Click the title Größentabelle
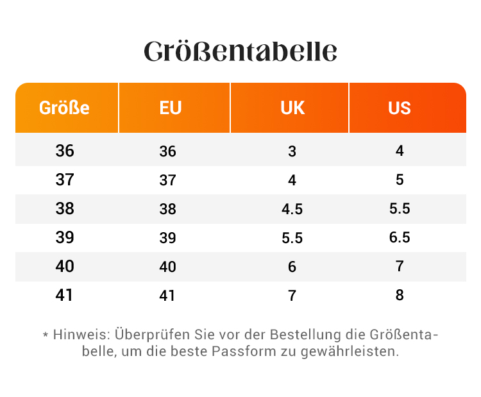click(240, 52)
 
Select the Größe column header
click(64, 108)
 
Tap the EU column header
click(171, 108)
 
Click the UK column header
click(292, 108)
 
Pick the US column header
click(400, 108)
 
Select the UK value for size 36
click(292, 151)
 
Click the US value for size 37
click(400, 180)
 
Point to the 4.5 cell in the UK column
click(292, 209)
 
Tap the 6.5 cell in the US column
click(400, 238)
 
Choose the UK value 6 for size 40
click(292, 267)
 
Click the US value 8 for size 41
click(400, 296)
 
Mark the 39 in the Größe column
click(65, 238)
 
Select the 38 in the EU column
click(167, 209)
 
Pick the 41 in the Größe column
click(65, 296)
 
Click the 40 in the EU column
click(167, 267)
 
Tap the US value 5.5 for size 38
click(400, 209)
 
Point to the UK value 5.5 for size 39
click(292, 238)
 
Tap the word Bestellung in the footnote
click(306, 335)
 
